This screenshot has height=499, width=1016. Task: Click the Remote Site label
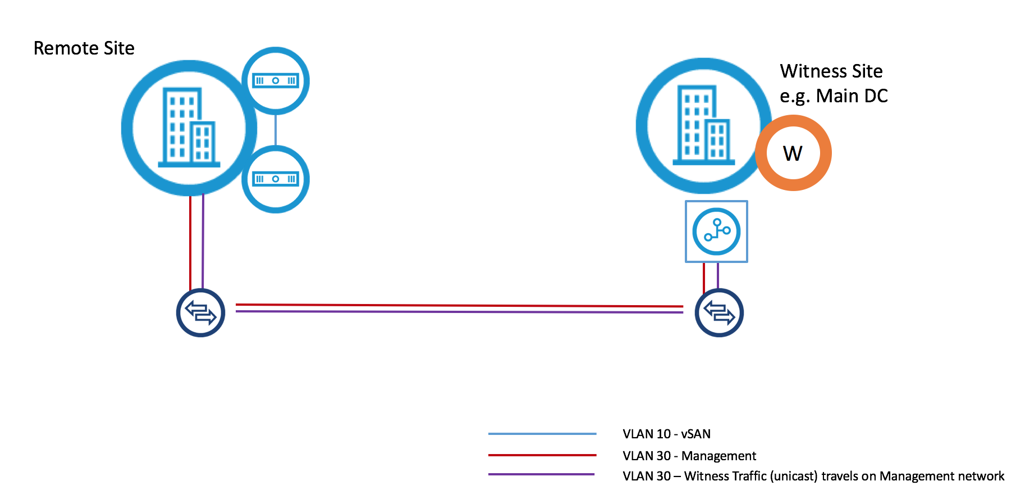pyautogui.click(x=84, y=48)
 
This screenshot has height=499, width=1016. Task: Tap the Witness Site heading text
pyautogui.click(x=831, y=71)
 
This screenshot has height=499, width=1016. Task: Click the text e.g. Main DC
pyautogui.click(x=833, y=96)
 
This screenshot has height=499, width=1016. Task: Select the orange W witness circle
pyautogui.click(x=793, y=153)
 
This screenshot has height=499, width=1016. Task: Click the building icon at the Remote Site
pyautogui.click(x=189, y=128)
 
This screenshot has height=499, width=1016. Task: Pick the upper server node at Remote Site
pyautogui.click(x=275, y=81)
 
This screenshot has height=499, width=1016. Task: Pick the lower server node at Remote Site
pyautogui.click(x=275, y=179)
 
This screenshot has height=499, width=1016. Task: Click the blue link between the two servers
pyautogui.click(x=275, y=130)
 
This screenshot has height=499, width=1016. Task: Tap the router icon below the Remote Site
pyautogui.click(x=200, y=312)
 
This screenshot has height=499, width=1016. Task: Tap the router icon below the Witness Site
pyautogui.click(x=719, y=312)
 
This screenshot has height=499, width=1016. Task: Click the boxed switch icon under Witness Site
pyautogui.click(x=716, y=232)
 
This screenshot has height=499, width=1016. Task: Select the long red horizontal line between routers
pyautogui.click(x=459, y=305)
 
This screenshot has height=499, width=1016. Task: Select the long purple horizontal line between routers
pyautogui.click(x=459, y=311)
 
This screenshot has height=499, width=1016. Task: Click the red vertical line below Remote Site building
pyautogui.click(x=190, y=242)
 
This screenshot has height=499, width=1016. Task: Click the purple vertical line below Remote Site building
pyautogui.click(x=203, y=242)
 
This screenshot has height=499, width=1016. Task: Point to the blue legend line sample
pyautogui.click(x=542, y=434)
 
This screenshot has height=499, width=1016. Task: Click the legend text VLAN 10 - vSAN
pyautogui.click(x=666, y=434)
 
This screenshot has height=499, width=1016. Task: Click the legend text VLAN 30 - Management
pyautogui.click(x=689, y=456)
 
